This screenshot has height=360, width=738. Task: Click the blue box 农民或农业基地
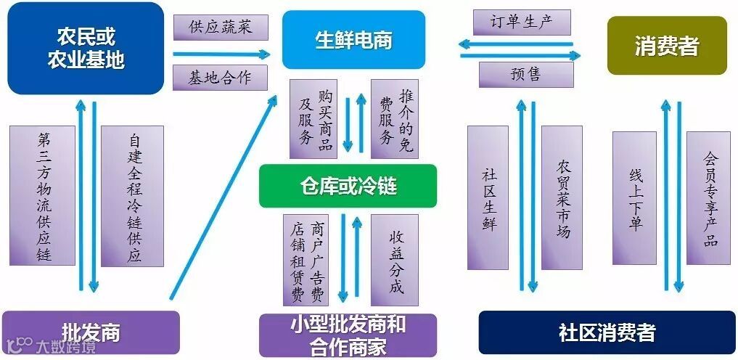(86, 48)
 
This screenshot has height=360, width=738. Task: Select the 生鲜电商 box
(353, 39)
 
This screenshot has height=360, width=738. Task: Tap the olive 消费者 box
(666, 46)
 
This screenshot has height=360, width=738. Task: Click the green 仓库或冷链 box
(348, 186)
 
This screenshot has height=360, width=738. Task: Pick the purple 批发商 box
(91, 333)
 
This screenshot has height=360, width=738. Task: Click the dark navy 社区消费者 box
(607, 333)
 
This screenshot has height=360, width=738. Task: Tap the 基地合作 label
(220, 78)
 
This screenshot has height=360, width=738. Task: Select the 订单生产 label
(522, 22)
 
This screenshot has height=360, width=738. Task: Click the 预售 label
(525, 74)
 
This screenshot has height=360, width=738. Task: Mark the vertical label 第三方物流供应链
(43, 195)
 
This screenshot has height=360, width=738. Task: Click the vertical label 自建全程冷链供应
(132, 195)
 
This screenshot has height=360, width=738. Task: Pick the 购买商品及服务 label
(313, 118)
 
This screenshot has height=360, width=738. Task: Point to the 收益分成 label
(395, 260)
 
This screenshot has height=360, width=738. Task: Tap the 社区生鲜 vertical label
(488, 197)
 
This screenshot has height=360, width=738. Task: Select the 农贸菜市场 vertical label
(562, 197)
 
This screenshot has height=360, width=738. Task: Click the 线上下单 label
(634, 197)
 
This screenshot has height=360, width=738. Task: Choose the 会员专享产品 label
(708, 197)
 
